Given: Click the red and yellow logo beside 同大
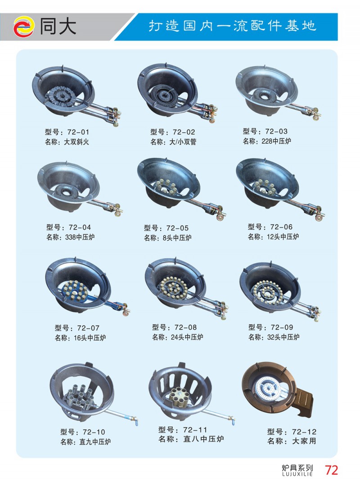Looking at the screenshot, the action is click(23, 27).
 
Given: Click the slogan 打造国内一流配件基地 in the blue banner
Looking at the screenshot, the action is click(232, 26).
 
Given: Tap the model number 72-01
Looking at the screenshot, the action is click(78, 132).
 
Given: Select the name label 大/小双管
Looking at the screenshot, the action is click(183, 142).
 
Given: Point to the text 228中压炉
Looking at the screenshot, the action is click(276, 141).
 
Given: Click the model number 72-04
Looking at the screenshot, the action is click(80, 228).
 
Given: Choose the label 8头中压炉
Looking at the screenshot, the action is click(177, 238).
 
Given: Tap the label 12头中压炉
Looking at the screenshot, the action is click(283, 237).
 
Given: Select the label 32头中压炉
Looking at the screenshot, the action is click(283, 337).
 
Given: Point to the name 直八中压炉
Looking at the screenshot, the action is click(203, 439).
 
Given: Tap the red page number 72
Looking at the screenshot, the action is click(331, 470).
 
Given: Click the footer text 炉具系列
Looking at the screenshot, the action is click(297, 468).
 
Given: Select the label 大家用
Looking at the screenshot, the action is click(304, 441).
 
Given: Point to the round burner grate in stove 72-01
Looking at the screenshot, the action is click(60, 95).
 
